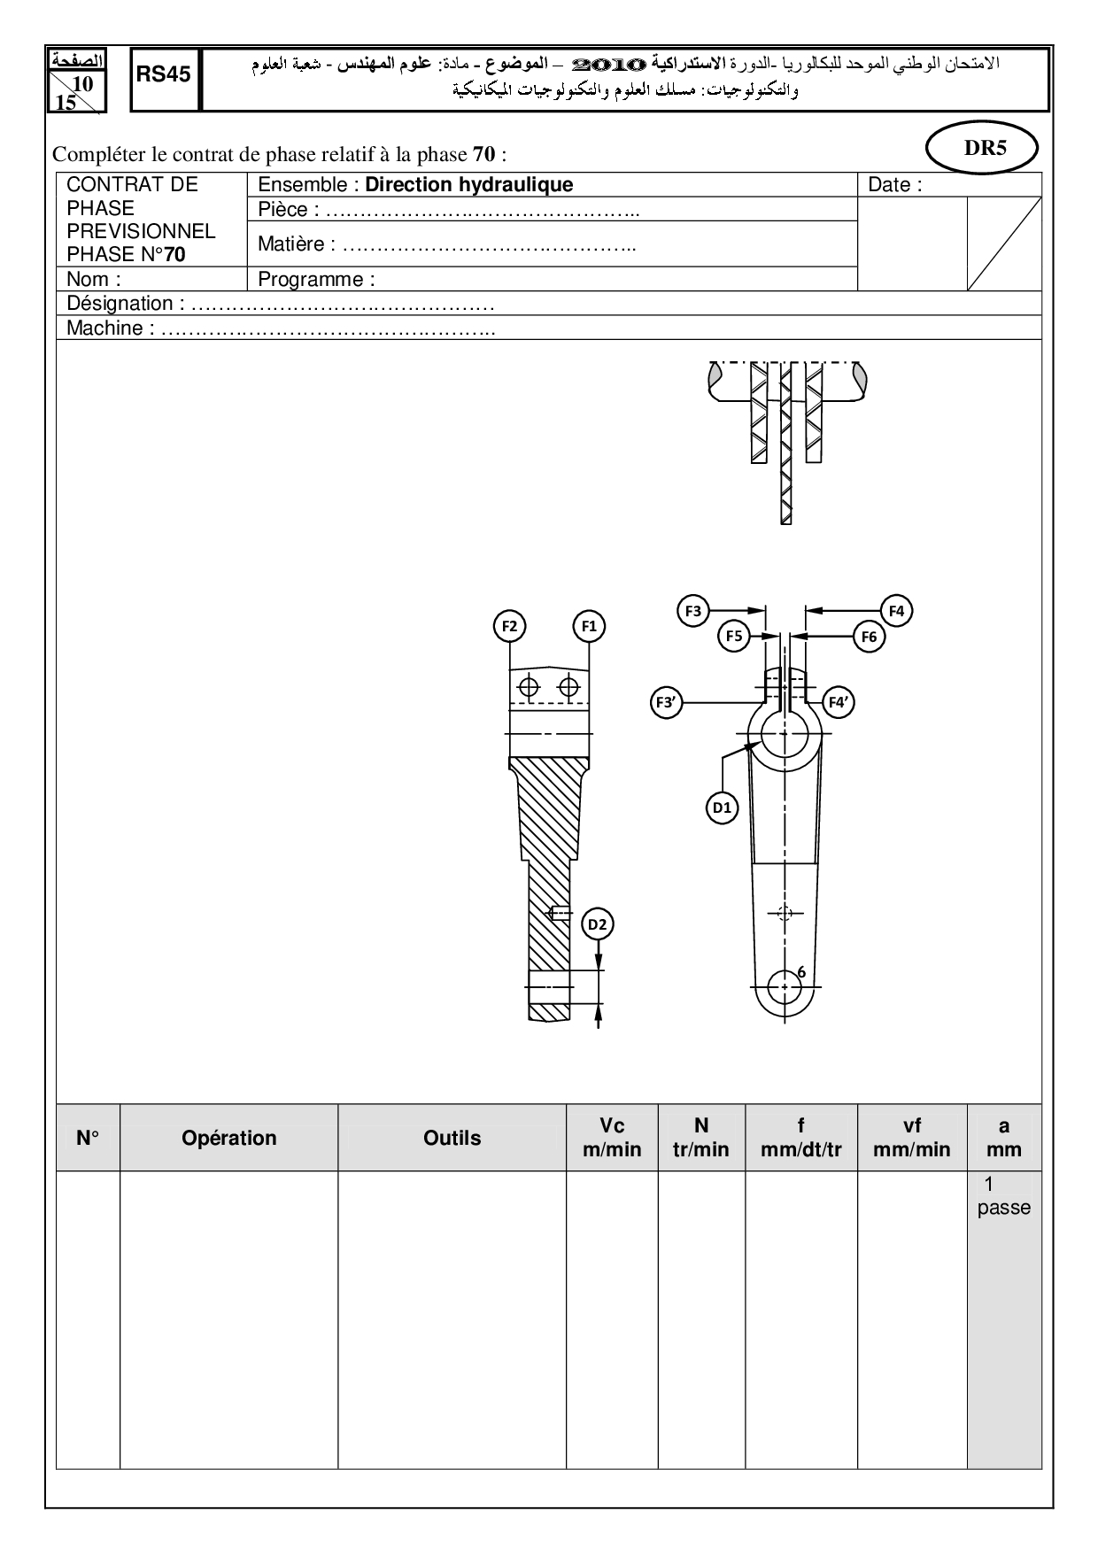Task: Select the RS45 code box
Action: [164, 75]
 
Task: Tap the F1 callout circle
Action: [589, 626]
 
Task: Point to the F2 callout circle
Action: [509, 626]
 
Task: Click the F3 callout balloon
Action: [693, 610]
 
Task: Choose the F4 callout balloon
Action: [896, 610]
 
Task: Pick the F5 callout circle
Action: [733, 636]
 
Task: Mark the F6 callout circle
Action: [869, 637]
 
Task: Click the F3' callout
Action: [665, 703]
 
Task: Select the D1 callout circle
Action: [723, 807]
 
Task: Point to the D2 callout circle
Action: [599, 925]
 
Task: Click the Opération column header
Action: [228, 1138]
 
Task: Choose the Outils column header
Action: [452, 1138]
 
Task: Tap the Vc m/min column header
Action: [612, 1138]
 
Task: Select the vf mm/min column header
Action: [911, 1138]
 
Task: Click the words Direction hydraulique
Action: [468, 184]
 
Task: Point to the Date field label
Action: [894, 184]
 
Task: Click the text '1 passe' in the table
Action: [1003, 1196]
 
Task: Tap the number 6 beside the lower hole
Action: [801, 972]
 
